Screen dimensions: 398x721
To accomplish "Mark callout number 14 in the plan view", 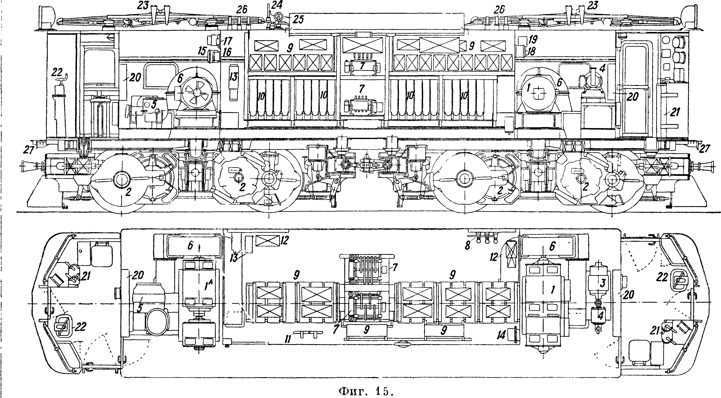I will (x=501, y=335).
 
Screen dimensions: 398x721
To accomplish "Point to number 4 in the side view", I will (x=602, y=68).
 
